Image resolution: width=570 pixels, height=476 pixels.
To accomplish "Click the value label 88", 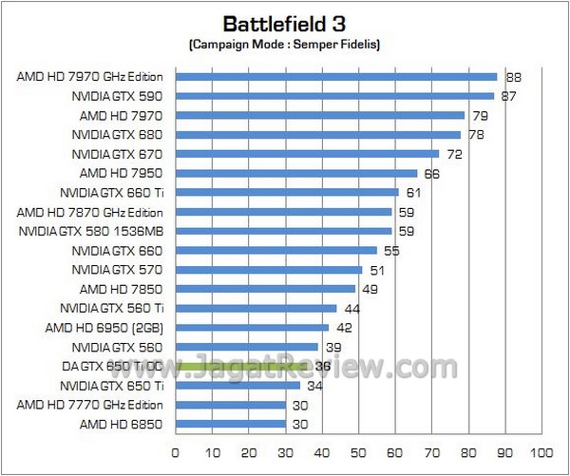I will (513, 77).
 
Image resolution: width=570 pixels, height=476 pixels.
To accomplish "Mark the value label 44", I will (351, 308).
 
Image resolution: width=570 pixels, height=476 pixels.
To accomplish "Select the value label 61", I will (414, 192).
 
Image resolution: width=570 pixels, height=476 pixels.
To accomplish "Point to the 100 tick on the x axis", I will (541, 451).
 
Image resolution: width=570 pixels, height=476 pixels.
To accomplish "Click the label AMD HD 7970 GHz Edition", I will (90, 77).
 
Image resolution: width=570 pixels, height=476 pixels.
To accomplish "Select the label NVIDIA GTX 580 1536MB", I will (91, 231).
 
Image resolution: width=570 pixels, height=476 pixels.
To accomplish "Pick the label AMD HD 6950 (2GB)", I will (106, 327).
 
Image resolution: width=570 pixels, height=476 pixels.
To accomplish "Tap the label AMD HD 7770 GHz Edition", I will (90, 405).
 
